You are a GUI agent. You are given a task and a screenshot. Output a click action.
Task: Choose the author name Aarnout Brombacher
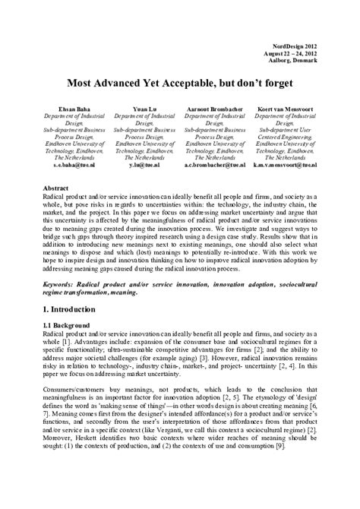coord(215,109)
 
